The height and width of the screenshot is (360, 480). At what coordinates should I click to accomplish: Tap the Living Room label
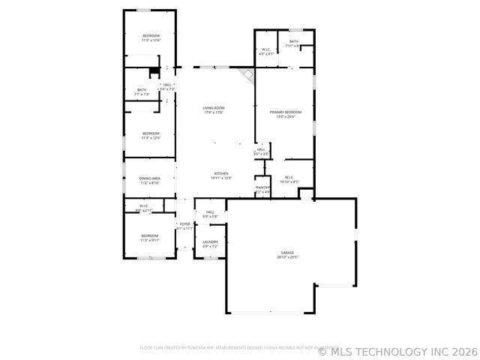pos(214,108)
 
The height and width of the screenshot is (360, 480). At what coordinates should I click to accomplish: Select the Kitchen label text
pos(220,173)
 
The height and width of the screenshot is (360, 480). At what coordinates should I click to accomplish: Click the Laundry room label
pos(210,241)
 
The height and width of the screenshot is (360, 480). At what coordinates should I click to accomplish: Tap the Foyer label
pos(184,223)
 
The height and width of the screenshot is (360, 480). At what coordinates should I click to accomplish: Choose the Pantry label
pos(262,187)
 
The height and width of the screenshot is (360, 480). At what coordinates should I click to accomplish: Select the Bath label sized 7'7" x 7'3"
pos(142,90)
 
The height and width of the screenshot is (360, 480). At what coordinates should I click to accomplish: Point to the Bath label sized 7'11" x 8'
pos(293,41)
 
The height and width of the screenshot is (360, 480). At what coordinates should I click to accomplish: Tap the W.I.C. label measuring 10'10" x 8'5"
pos(289,178)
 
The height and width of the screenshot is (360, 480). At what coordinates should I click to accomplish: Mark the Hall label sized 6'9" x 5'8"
pos(210,212)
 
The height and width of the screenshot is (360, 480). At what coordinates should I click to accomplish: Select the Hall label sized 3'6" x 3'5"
pos(261,149)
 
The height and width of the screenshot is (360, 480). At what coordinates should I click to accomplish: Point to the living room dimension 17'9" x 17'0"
pos(214,112)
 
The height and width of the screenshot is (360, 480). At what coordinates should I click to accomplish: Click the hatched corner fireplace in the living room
pos(246,74)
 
